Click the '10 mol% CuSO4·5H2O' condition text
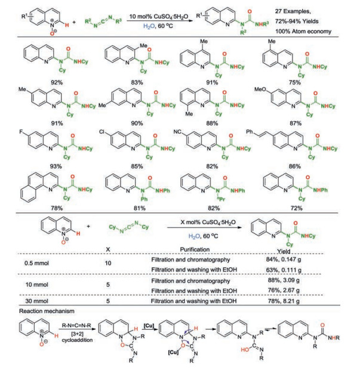pos(162,11)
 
